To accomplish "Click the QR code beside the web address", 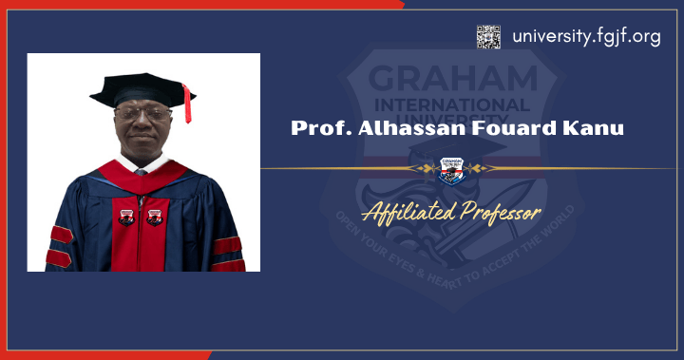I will point(488,37).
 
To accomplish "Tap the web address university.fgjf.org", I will point(586,37).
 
